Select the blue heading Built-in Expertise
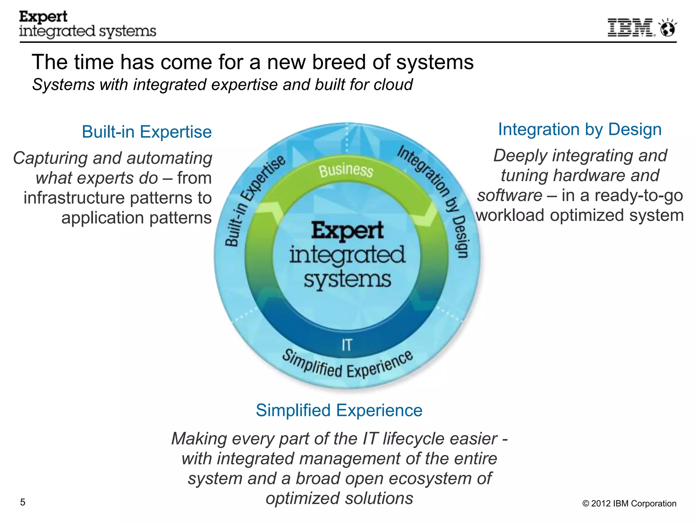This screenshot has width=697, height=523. [147, 132]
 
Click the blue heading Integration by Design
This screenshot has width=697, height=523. [580, 129]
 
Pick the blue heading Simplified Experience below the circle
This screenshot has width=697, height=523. [339, 410]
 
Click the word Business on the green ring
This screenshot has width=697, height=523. [346, 170]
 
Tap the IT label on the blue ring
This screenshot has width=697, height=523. [346, 345]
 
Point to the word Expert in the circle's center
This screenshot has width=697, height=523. [347, 231]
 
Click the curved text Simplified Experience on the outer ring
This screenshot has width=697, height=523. [347, 366]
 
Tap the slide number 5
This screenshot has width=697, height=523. [23, 502]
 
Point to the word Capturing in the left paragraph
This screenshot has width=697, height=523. [50, 158]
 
